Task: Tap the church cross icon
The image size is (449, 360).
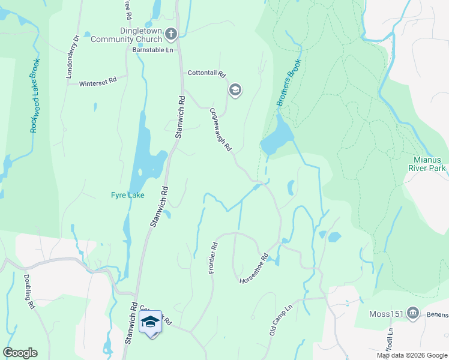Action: [171, 34]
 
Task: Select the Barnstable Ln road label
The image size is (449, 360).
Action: [152, 50]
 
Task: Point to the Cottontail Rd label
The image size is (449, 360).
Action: [206, 74]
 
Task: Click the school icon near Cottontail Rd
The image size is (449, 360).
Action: [235, 91]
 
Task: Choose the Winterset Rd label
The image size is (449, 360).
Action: [97, 82]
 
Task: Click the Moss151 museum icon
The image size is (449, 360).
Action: [412, 313]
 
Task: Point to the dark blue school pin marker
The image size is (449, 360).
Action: [150, 323]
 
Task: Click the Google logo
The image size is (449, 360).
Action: [20, 353]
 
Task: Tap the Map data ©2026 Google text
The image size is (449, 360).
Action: [412, 355]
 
